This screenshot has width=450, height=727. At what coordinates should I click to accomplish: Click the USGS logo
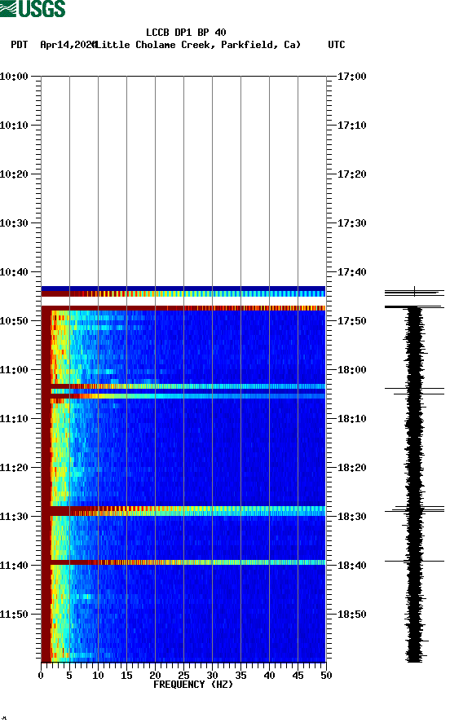(33, 9)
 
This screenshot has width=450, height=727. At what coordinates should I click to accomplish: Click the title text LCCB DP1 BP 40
(186, 33)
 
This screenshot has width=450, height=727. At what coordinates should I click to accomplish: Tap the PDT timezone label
(20, 45)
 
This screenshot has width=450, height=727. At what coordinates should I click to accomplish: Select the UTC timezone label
(336, 45)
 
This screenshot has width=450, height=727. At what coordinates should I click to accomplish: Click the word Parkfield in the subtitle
(246, 45)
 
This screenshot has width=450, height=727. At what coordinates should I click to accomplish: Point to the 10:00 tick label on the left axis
(15, 77)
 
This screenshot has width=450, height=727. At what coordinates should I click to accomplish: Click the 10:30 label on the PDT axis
(15, 223)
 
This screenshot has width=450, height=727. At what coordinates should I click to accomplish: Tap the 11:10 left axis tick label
(15, 419)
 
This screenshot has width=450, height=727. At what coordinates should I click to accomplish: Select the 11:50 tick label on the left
(15, 615)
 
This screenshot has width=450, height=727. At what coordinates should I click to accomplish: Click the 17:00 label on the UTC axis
(351, 77)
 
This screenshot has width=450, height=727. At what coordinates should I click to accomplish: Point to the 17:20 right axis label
(351, 174)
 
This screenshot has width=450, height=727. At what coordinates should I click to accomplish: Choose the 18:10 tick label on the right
(351, 419)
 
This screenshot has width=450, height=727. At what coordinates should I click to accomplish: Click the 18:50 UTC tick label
(351, 615)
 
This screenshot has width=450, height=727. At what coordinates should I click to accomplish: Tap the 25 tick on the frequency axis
(183, 676)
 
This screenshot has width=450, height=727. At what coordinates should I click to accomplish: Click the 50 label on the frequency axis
(325, 676)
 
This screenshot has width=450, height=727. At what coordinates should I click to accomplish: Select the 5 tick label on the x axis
(69, 676)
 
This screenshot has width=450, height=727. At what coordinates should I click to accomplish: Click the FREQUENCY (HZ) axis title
(192, 685)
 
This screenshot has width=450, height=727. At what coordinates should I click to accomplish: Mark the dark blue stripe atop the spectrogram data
(183, 288)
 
